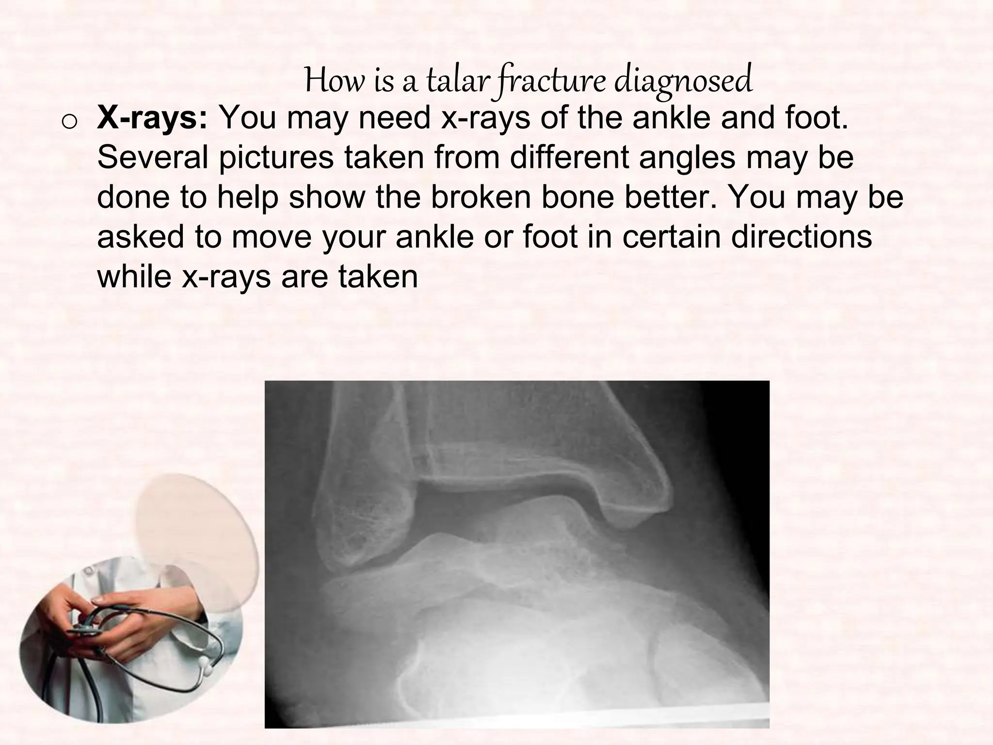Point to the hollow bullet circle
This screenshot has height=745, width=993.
(69, 123)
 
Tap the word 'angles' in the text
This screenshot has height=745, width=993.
(687, 158)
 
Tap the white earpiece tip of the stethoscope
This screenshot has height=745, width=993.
(208, 671)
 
